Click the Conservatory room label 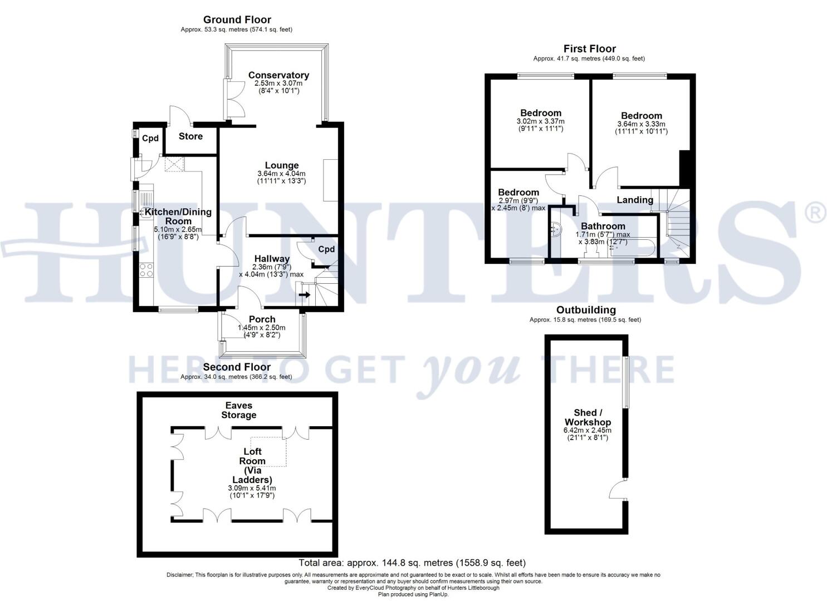click(278, 75)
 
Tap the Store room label click(190, 136)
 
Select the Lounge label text click(282, 165)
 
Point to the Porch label click(262, 319)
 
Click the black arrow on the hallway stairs click(305, 294)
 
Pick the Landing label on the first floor click(635, 200)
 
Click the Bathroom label click(603, 226)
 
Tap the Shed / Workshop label click(588, 417)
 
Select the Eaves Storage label click(238, 410)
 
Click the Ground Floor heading click(237, 20)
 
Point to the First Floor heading click(589, 49)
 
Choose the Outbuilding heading click(586, 310)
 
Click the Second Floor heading click(237, 367)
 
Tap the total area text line click(412, 563)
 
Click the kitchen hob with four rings click(145, 270)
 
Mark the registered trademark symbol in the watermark click(816, 214)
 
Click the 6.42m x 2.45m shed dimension click(588, 430)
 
